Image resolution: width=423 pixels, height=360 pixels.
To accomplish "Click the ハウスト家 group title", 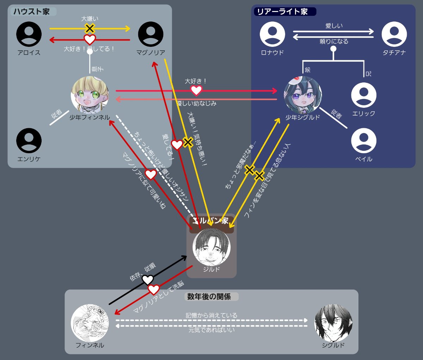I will click(32, 12).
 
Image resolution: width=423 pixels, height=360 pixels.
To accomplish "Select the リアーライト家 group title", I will click(283, 12).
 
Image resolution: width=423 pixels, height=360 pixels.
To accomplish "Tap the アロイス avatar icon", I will click(29, 34).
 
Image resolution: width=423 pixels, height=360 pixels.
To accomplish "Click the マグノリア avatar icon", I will click(151, 34).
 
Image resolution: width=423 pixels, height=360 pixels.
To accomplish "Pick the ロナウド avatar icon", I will click(272, 34).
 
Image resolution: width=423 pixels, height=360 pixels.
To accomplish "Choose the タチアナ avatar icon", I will click(394, 34).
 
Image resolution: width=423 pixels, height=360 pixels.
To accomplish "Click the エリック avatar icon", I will click(364, 95).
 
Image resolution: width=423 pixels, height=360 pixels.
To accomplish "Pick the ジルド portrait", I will click(211, 247).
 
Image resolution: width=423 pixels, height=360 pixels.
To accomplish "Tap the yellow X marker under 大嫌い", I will click(90, 29).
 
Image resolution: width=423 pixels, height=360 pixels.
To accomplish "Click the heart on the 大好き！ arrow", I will click(196, 91).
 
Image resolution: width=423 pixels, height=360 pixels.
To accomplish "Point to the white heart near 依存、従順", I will click(148, 280).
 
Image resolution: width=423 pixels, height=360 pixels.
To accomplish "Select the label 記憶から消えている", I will click(211, 315).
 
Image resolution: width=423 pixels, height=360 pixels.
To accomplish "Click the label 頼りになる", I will click(334, 42).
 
